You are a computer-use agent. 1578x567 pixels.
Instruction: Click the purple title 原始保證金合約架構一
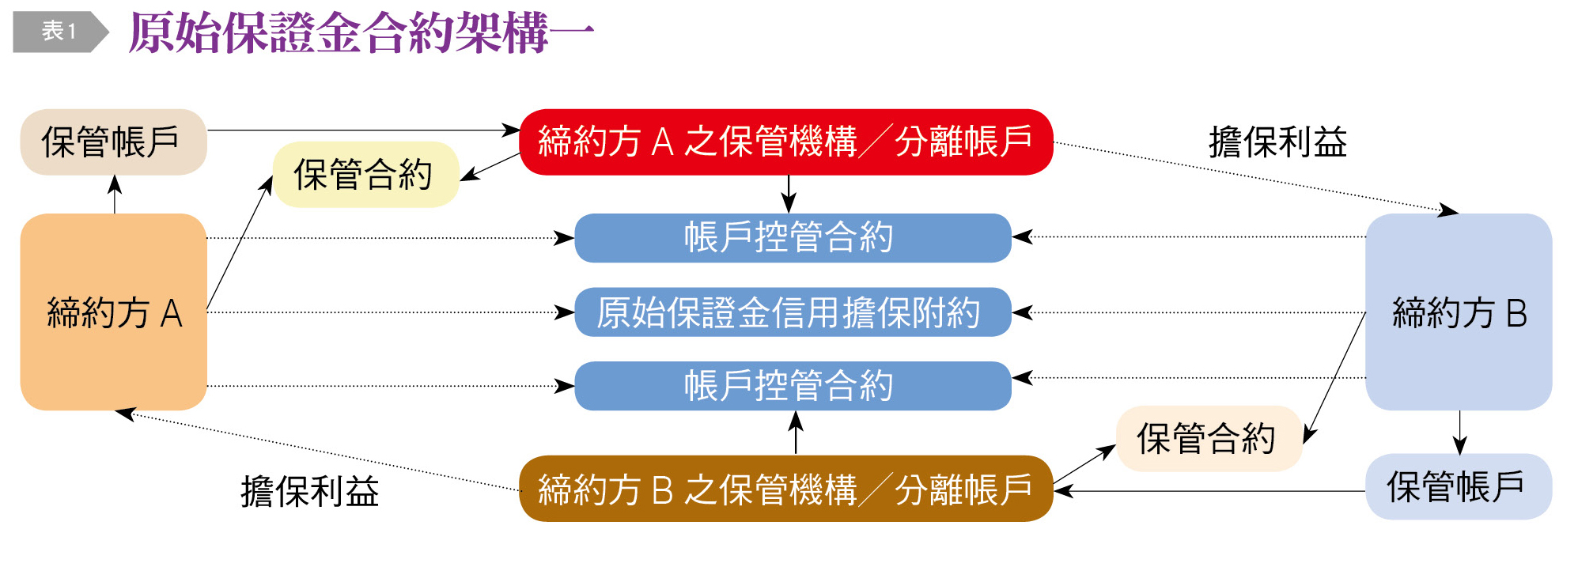(x=361, y=33)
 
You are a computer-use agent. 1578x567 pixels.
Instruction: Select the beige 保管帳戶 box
(x=113, y=142)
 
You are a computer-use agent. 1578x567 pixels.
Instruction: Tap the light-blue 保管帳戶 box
(x=1458, y=486)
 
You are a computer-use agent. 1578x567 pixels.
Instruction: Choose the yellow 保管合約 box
(x=365, y=175)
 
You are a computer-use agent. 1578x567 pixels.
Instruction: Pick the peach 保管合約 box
(x=1208, y=439)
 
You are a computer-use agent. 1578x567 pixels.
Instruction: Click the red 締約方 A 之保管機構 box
(x=785, y=142)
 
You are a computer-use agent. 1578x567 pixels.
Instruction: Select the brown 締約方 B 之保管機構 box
(x=785, y=489)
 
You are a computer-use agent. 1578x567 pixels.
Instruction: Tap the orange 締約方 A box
(x=113, y=312)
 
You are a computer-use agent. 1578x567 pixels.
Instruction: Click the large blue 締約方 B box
(x=1459, y=312)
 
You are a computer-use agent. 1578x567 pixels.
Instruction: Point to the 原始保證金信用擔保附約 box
(x=793, y=312)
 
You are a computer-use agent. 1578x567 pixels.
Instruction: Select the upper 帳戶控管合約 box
(x=793, y=237)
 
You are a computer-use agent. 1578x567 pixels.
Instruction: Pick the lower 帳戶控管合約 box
(x=793, y=386)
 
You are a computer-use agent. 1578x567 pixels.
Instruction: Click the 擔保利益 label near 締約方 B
(x=1277, y=142)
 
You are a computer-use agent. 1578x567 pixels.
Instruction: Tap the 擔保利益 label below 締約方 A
(x=310, y=491)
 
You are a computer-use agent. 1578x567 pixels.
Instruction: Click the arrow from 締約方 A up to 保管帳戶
(x=115, y=195)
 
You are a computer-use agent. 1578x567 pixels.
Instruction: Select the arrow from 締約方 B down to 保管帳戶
(x=1459, y=432)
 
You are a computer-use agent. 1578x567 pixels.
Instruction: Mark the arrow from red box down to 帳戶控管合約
(x=789, y=194)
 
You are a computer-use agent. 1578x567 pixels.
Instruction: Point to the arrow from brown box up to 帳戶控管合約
(x=796, y=433)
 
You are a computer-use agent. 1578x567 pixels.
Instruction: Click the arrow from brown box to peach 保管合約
(x=1084, y=465)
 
